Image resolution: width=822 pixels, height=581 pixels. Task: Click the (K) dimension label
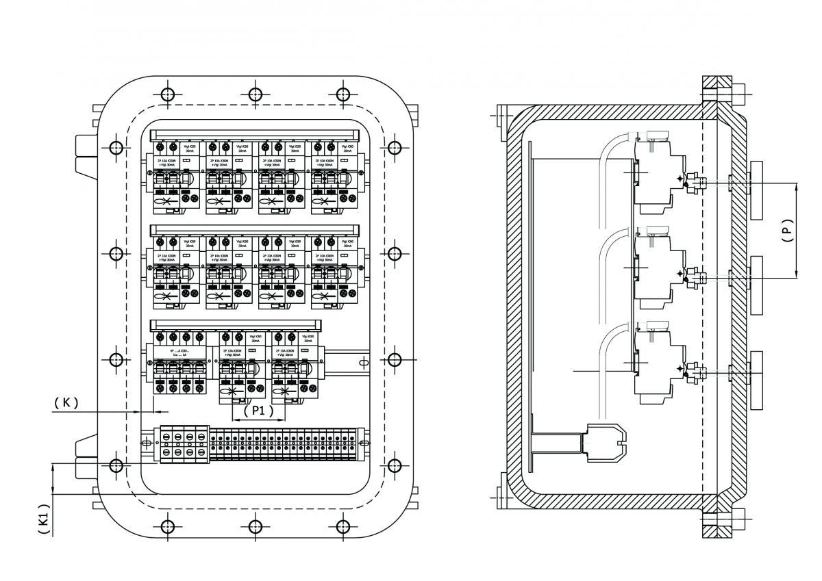coord(66,402)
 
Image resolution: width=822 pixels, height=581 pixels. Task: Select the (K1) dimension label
coord(43,519)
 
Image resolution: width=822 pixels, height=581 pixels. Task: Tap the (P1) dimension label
coord(258,411)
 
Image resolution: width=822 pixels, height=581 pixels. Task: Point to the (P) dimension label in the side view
coord(787,231)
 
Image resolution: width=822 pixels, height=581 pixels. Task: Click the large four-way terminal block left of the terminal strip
coord(184,444)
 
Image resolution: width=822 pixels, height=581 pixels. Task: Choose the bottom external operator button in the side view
coord(756,380)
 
